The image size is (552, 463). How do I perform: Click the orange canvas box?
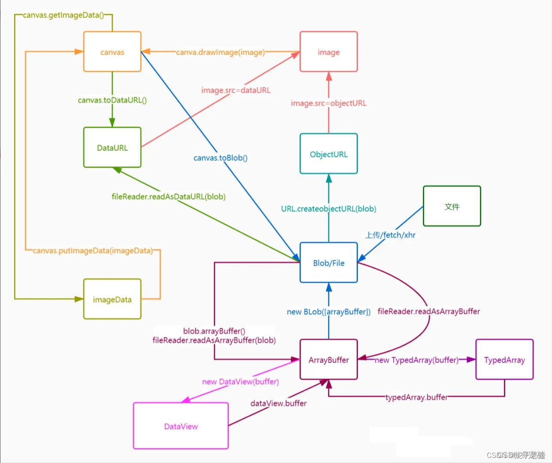pos(112,52)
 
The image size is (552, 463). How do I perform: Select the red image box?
pos(328,52)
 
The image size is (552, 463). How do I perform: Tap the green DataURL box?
pos(112,147)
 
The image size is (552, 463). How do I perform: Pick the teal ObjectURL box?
pos(328,154)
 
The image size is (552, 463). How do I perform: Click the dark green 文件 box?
pos(452,206)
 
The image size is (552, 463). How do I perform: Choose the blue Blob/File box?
pos(328,263)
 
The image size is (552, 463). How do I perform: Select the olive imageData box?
pos(112,299)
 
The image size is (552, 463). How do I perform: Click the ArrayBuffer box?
pos(328,360)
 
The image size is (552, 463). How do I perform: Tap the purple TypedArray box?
pos(504,360)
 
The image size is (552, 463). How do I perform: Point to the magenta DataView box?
pos(181,426)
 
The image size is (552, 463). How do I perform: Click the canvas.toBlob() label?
pos(220,158)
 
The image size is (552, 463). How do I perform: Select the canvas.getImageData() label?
pos(63,15)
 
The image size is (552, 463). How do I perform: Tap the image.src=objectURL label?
pos(328,103)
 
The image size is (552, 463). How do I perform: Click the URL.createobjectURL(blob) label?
pos(328,209)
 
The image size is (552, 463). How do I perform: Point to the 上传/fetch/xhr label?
pos(390,235)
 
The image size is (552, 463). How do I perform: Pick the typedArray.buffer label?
pos(416,397)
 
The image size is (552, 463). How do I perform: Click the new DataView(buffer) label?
pos(240,382)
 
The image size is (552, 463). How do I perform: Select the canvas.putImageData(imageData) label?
pos(93,250)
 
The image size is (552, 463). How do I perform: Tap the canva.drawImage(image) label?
pos(220,52)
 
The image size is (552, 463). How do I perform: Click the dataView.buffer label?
pos(278,403)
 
